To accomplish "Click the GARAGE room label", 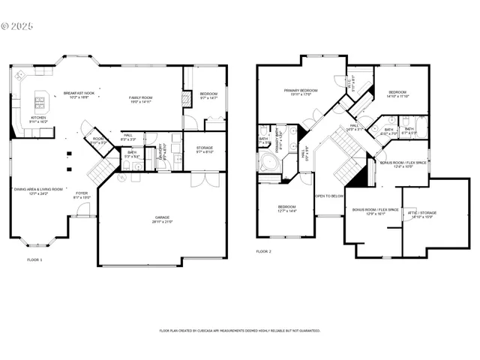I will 163,219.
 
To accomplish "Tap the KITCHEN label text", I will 37,119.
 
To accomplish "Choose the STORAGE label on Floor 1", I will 205,149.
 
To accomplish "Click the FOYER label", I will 81,195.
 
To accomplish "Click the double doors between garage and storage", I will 200,180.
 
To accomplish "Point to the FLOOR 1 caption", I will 35,259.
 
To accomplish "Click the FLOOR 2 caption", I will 264,251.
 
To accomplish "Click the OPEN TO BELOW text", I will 328,195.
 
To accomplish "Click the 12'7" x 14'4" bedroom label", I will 286,209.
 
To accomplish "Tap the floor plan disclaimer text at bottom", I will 239,330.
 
